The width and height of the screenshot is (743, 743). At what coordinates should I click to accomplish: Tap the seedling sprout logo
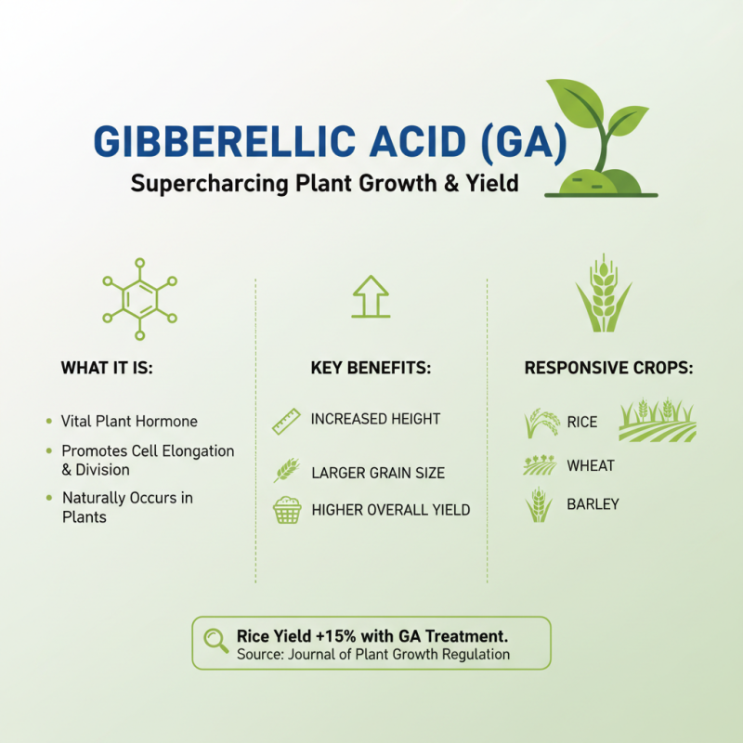click(x=599, y=139)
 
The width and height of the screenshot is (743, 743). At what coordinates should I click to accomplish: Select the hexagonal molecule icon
click(x=139, y=298)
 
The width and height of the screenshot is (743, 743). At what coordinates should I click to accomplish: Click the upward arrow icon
click(x=371, y=296)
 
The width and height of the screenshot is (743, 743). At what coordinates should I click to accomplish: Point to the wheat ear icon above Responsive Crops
click(x=604, y=293)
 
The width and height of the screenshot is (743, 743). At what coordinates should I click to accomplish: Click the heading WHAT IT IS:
click(x=107, y=368)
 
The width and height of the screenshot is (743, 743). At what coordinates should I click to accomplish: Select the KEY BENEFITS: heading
click(x=371, y=368)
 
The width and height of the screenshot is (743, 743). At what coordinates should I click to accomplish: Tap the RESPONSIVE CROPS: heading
click(x=608, y=368)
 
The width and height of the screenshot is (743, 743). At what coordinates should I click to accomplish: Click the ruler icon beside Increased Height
click(x=286, y=422)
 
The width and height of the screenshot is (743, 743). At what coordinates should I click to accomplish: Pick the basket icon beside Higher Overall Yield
click(x=287, y=510)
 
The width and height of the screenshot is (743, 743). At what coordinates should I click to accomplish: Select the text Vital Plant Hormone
click(x=129, y=422)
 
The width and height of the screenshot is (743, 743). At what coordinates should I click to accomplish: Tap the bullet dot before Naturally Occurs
click(x=49, y=499)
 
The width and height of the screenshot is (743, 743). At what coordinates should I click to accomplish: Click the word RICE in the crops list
click(x=582, y=423)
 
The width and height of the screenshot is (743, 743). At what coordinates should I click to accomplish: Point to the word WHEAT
click(x=591, y=465)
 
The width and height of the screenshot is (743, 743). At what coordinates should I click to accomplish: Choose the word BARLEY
click(x=593, y=504)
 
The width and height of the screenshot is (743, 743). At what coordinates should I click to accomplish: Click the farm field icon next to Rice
click(x=657, y=421)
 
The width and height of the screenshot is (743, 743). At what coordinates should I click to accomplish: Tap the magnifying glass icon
click(x=216, y=640)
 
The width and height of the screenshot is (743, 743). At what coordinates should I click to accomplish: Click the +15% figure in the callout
click(x=324, y=636)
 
